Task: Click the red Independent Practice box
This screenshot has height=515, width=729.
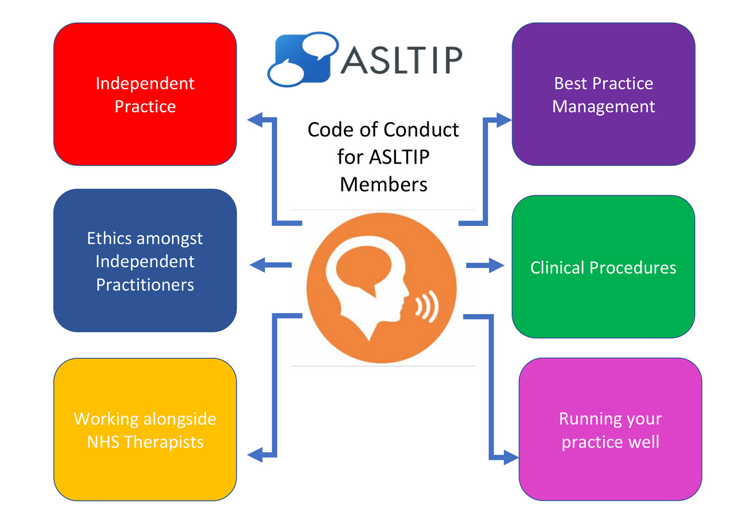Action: (x=145, y=94)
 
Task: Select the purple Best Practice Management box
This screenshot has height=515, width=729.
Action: (x=603, y=94)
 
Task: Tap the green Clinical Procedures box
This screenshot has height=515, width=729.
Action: (x=603, y=267)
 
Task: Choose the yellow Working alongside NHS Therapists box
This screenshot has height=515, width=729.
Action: (x=145, y=430)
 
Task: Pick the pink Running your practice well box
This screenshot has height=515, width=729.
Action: (x=610, y=430)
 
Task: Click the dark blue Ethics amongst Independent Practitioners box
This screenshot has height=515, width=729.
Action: (x=145, y=261)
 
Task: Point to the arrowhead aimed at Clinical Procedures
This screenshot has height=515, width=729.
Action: (x=496, y=266)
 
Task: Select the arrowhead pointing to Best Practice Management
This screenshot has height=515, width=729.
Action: (x=504, y=120)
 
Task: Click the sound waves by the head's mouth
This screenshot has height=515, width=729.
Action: (x=426, y=306)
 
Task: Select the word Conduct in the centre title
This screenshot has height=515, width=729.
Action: (x=421, y=129)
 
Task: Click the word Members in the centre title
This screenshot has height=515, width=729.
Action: (x=383, y=184)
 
